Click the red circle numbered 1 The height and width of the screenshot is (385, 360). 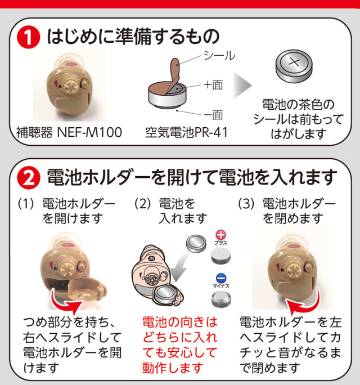(x=29, y=38)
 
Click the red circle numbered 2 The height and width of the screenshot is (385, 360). (x=29, y=178)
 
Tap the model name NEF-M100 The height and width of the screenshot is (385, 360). (x=89, y=133)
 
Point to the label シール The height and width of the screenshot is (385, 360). (x=219, y=56)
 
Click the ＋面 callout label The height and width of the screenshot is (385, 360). (x=213, y=85)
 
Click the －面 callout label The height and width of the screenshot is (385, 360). (x=213, y=115)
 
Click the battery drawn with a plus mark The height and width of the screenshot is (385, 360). (x=294, y=66)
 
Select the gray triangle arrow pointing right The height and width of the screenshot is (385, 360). (x=242, y=86)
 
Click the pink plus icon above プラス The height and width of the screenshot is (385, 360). (x=220, y=235)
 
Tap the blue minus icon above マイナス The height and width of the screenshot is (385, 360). (x=221, y=278)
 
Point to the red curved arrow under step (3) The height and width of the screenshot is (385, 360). (x=304, y=302)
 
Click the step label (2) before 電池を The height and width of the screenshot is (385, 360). (x=142, y=204)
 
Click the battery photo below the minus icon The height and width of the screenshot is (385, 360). (x=221, y=299)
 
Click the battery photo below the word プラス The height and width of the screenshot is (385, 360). (x=221, y=256)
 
